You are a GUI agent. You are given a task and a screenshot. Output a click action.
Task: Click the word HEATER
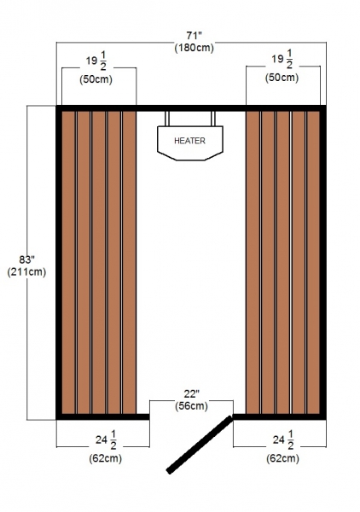pyautogui.click(x=189, y=141)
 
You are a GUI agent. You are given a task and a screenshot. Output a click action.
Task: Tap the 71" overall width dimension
pyautogui.click(x=195, y=35)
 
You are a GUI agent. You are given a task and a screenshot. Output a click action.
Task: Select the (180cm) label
pyautogui.click(x=195, y=48)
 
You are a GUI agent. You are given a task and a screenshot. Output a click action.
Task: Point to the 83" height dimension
pyautogui.click(x=26, y=259)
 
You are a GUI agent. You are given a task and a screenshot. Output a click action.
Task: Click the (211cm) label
pyautogui.click(x=26, y=271)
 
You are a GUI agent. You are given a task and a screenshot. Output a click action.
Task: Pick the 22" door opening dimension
pyautogui.click(x=192, y=393)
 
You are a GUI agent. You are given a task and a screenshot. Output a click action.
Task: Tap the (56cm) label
pyautogui.click(x=192, y=406)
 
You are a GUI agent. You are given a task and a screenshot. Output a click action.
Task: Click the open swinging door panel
pyautogui.click(x=200, y=445)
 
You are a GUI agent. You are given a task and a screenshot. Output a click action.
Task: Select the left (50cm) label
pyautogui.click(x=96, y=79)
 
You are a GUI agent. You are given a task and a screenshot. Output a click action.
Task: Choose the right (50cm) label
pyautogui.click(x=282, y=78)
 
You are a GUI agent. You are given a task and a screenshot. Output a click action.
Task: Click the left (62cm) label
pyautogui.click(x=106, y=458)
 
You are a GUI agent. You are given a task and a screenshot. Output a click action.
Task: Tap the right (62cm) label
pyautogui.click(x=282, y=458)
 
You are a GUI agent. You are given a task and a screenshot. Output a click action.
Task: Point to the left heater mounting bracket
pyautogui.click(x=167, y=119)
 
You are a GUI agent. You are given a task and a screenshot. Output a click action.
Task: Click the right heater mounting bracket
pyautogui.click(x=213, y=119)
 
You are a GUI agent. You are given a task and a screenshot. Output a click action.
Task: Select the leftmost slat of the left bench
pyautogui.click(x=68, y=263)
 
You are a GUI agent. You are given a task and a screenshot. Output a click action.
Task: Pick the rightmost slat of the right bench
pyautogui.click(x=313, y=263)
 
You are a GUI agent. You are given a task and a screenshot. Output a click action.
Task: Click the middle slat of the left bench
pyautogui.click(x=99, y=263)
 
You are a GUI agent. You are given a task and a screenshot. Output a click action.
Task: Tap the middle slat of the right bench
pyautogui.click(x=283, y=263)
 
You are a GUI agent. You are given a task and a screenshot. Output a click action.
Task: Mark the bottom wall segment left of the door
pyautogui.click(x=103, y=416)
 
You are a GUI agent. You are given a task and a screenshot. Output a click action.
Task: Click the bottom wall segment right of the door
pyautogui.click(x=279, y=416)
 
